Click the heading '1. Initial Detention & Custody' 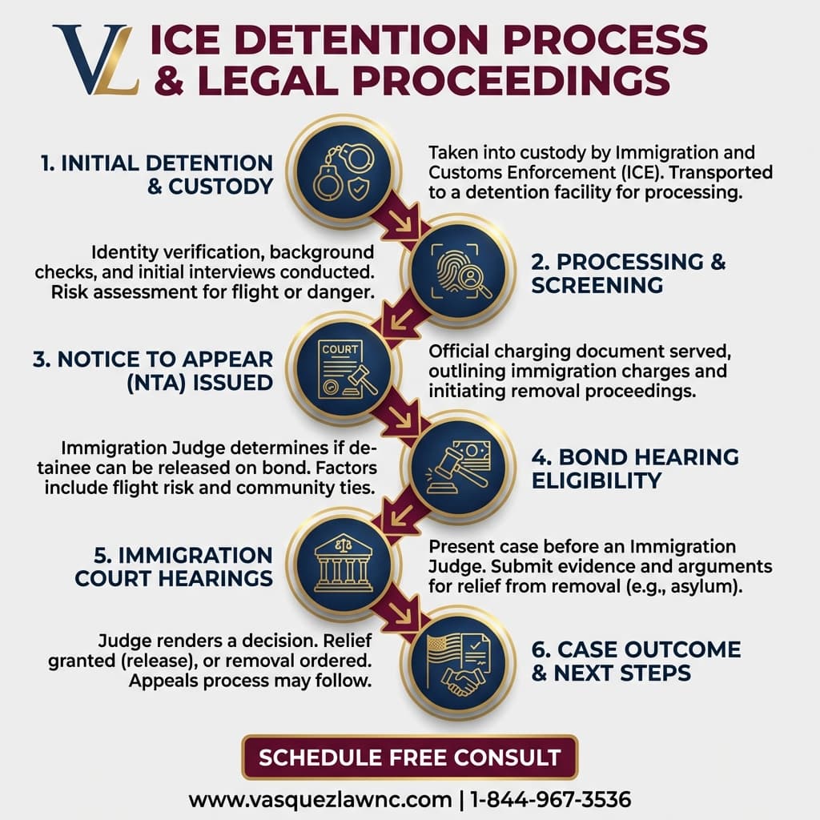coord(157,175)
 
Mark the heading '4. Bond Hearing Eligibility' coord(634,468)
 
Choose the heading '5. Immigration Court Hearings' coord(174,565)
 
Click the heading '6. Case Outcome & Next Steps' coord(636,660)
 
